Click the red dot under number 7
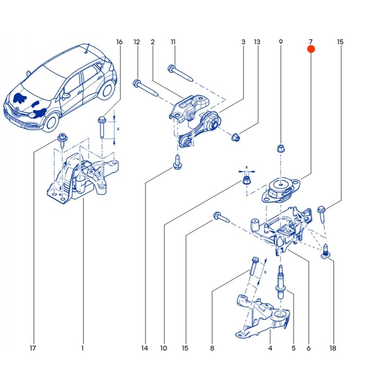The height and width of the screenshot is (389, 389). click(311, 49)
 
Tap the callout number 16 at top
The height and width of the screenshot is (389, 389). click(119, 42)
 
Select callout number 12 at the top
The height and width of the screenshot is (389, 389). click(137, 42)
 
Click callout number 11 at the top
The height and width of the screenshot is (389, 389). click(173, 42)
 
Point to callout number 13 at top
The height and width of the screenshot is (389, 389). click(257, 42)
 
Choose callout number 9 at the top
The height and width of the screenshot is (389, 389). click(281, 42)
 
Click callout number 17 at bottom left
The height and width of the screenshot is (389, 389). click(33, 348)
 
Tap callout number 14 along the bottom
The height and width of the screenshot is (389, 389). click(144, 348)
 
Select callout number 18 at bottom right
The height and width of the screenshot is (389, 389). click(333, 348)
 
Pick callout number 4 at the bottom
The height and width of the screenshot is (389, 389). click(270, 348)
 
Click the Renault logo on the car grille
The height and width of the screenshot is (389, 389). click(14, 112)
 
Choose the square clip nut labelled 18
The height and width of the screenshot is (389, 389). click(326, 251)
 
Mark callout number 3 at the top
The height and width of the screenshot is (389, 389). click(243, 42)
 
